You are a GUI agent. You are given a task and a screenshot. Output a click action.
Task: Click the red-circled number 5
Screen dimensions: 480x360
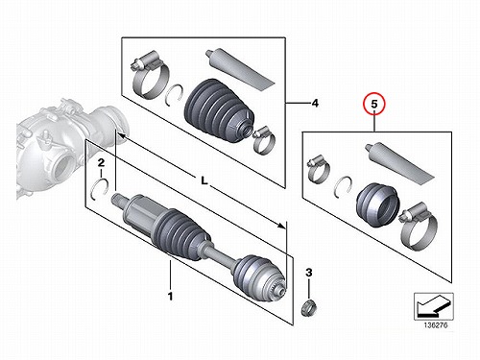[x=374, y=104]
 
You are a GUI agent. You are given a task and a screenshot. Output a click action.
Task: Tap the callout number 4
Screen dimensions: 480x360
[x=315, y=103]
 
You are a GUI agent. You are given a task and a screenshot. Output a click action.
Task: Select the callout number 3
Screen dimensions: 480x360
[x=308, y=273]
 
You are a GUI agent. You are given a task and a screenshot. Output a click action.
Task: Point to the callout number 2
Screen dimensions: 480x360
[x=101, y=162]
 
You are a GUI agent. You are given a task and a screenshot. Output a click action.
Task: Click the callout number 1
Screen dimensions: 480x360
[x=170, y=296]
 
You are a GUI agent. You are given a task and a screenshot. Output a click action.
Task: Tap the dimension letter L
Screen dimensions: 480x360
[x=204, y=180]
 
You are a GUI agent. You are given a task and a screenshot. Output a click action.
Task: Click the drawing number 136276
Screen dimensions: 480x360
[x=436, y=325]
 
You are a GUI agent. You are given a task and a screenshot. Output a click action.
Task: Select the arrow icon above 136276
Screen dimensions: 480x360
[x=434, y=306]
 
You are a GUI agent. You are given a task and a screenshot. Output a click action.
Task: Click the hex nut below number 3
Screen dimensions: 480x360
[x=309, y=306]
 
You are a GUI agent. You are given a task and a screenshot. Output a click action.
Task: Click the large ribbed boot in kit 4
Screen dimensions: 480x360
[x=219, y=109]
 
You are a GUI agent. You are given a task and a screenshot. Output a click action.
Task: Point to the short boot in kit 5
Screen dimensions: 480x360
[x=377, y=204]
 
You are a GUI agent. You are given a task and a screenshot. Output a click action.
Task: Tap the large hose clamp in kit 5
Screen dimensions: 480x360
[x=419, y=226]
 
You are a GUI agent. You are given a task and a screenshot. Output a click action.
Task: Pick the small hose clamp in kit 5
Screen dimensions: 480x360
[x=318, y=169]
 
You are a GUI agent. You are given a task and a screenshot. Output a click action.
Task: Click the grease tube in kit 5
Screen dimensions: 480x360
[x=399, y=161]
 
